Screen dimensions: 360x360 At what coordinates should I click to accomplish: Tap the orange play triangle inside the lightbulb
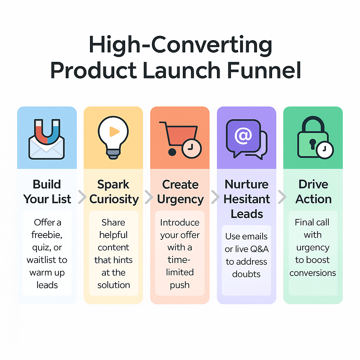point(114,131)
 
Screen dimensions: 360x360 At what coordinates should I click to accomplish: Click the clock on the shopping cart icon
point(192,149)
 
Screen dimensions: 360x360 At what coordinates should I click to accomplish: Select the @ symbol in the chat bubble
point(243,136)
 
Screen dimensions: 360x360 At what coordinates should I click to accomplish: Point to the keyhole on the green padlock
point(313,144)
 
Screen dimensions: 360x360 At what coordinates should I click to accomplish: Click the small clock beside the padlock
point(324,150)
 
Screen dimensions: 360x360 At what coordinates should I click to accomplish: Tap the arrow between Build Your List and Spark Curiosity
point(82,197)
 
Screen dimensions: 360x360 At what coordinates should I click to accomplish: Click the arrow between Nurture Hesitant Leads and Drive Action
point(282,197)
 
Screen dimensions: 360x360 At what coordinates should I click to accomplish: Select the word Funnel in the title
point(264,70)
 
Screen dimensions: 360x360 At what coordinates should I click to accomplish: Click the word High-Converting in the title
point(180,45)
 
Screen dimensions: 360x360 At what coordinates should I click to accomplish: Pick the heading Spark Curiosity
point(114,192)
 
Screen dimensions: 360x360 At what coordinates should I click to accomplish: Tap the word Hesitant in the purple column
point(246,199)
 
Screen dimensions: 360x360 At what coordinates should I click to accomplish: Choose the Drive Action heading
point(313,192)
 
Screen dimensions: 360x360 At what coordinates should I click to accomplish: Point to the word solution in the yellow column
point(114,285)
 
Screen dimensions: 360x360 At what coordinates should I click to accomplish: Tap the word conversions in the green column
point(313,273)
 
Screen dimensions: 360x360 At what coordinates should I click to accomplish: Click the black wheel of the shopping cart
point(172,152)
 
